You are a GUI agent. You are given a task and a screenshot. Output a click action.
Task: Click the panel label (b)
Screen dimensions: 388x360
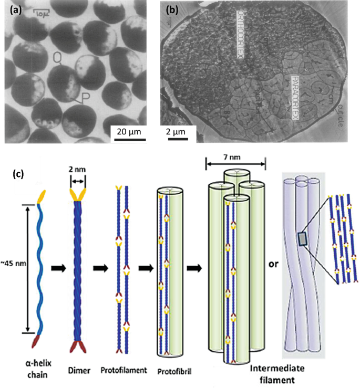173,10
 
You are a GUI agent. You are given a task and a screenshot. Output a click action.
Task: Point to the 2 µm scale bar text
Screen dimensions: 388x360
177,130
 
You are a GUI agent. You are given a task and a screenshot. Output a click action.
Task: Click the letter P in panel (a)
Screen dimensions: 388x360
83,98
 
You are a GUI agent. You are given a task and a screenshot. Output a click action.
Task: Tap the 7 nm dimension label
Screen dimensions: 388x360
235,154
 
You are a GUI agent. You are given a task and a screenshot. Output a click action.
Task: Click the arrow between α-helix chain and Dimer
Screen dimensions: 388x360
57,268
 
